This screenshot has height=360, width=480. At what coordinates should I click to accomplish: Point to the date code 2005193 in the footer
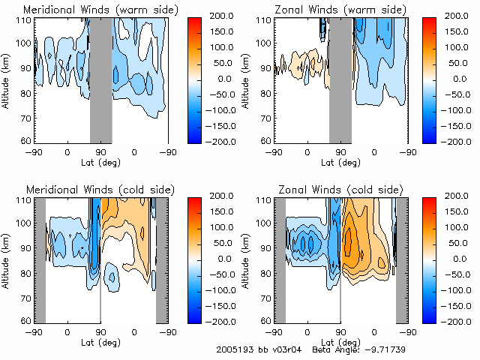232,350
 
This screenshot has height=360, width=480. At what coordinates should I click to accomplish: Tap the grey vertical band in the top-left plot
100,79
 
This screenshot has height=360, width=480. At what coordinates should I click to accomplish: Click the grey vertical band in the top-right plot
340,79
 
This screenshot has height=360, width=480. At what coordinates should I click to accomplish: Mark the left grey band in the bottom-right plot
279,259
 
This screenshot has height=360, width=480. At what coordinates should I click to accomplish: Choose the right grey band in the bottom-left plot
161,259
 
